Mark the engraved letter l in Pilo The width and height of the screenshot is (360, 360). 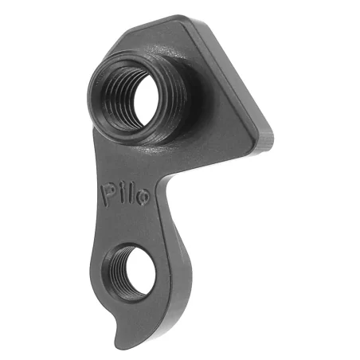tap(128, 193)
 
